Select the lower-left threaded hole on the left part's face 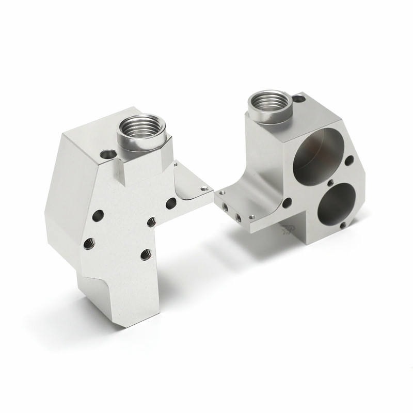coord(88,242)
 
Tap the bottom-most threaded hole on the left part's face coord(146,253)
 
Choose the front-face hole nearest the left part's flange coord(170,203)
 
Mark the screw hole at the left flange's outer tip coord(205,188)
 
